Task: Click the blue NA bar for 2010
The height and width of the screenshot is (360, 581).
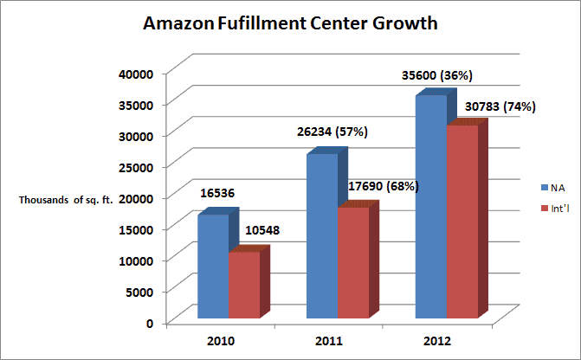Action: tap(213, 268)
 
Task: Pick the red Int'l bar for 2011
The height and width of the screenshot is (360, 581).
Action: tap(352, 264)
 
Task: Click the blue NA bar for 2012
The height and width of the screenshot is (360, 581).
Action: tap(431, 208)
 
